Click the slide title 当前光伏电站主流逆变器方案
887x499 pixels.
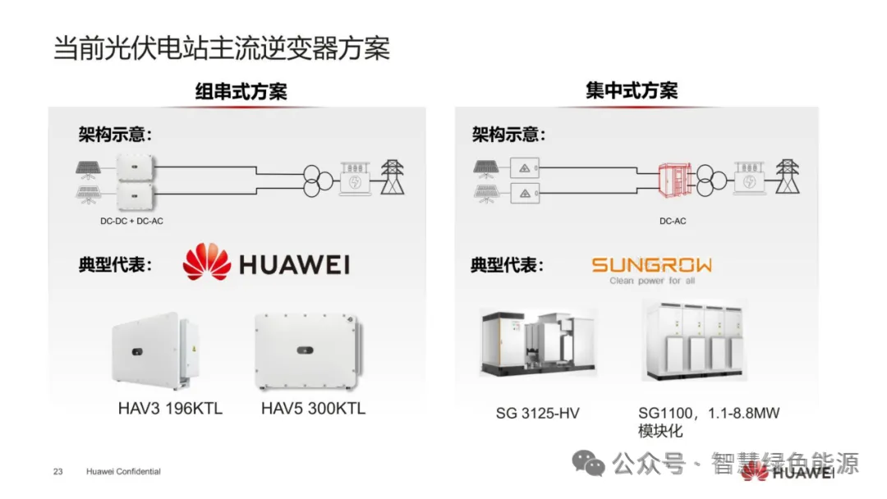point(221,48)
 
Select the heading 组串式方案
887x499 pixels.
point(241,92)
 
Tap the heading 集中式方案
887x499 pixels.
point(632,91)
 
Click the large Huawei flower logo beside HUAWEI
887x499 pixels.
point(207,263)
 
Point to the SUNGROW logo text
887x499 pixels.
point(652,265)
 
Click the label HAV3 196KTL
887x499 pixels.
point(170,409)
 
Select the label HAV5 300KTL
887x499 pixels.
point(313,409)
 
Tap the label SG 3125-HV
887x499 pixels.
point(537,414)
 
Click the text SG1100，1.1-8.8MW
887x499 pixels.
point(709,414)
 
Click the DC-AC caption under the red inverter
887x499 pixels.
point(672,221)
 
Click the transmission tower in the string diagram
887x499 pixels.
point(393,176)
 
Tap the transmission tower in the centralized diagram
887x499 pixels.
point(787,176)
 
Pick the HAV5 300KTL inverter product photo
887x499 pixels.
point(308,352)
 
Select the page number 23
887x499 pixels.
point(57,472)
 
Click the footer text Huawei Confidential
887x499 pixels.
point(123,472)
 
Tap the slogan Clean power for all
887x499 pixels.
point(652,281)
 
